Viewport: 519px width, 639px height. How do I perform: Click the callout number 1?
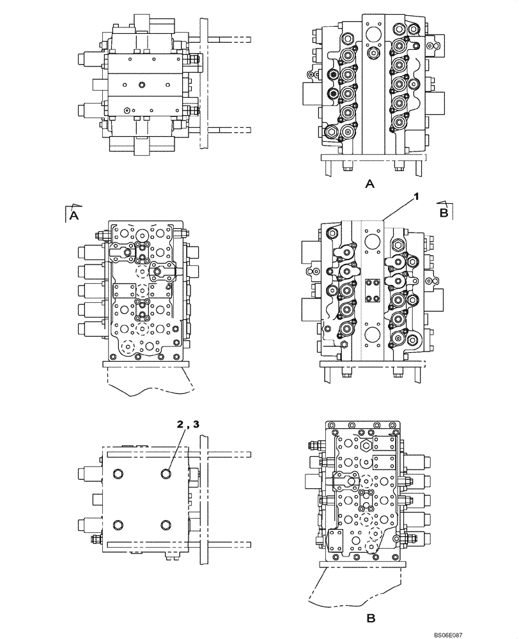point(416,197)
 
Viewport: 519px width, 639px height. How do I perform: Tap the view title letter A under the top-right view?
point(369,185)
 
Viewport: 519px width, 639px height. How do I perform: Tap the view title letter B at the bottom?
point(369,619)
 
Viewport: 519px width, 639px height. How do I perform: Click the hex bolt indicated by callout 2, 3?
point(167,473)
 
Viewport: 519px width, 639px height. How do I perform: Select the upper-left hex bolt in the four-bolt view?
point(118,473)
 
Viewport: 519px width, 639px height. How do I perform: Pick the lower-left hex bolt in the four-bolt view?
point(118,525)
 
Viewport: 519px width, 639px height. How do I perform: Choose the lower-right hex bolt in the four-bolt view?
point(167,525)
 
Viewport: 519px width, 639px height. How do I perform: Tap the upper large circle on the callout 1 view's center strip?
point(373,240)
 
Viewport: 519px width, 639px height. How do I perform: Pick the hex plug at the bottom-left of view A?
point(332,133)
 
